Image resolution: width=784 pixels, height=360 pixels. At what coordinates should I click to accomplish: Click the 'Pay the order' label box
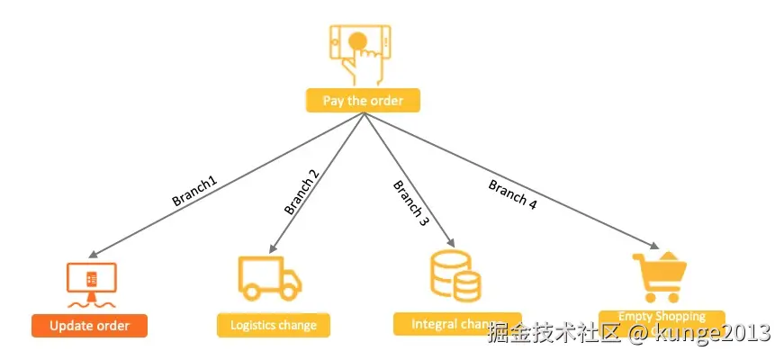coord(363,101)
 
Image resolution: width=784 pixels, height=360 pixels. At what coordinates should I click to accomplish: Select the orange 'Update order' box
coord(89,326)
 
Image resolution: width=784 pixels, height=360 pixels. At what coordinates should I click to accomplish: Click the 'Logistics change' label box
coord(274,325)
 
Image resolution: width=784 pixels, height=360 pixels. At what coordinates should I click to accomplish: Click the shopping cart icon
coord(660,277)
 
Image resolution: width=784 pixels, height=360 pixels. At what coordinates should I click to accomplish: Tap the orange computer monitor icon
coord(92,281)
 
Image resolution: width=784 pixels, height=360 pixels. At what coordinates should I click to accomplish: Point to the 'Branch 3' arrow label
coord(410,202)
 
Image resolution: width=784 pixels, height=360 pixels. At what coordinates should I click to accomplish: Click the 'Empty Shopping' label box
coord(661,317)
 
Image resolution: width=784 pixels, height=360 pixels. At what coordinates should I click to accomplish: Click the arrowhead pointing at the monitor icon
coord(94,255)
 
